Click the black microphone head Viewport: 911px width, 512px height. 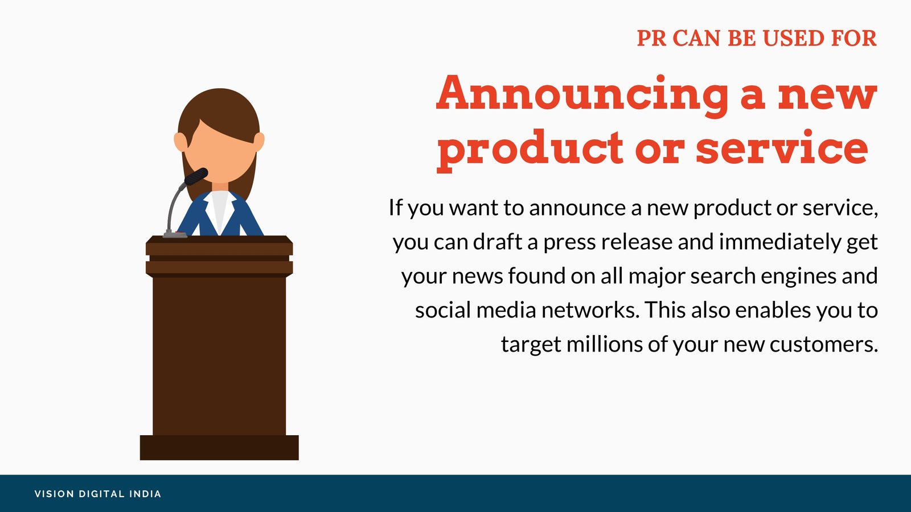[196, 177]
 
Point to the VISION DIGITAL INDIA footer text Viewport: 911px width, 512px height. [98, 494]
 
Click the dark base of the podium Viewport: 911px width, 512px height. [219, 447]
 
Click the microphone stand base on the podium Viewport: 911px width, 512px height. [175, 234]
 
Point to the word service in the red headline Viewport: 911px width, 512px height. [782, 147]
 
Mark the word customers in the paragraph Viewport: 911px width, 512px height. [823, 345]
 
